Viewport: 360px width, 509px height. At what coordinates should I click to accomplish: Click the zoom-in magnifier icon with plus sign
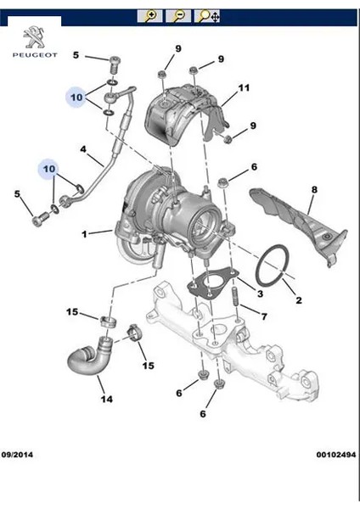click(x=152, y=16)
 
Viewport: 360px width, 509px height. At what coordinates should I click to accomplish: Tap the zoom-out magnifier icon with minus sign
click(x=179, y=16)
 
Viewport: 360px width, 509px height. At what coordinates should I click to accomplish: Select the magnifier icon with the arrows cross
click(x=208, y=16)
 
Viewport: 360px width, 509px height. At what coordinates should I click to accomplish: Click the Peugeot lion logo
click(x=33, y=37)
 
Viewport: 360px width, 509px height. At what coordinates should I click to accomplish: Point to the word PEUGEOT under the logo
click(x=33, y=55)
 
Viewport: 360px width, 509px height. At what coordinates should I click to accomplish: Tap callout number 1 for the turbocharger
click(x=84, y=233)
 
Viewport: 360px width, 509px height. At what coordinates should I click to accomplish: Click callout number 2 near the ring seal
click(x=298, y=300)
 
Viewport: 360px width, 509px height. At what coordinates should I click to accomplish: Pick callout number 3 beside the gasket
click(x=260, y=294)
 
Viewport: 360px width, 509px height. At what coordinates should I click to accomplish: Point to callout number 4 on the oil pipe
click(x=84, y=151)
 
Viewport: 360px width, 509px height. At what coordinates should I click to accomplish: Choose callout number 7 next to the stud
click(x=264, y=317)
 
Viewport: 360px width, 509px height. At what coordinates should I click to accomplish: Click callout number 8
click(x=312, y=189)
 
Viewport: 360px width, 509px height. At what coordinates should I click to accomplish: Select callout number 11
click(x=244, y=88)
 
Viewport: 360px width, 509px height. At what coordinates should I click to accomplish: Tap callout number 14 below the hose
click(x=106, y=399)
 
